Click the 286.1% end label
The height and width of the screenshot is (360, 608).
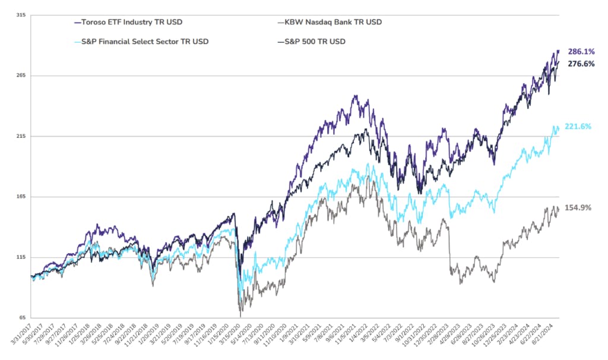pos(582,52)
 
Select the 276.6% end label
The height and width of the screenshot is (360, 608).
pos(582,64)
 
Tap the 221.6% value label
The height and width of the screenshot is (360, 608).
pos(579,127)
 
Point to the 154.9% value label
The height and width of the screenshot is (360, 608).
pos(579,208)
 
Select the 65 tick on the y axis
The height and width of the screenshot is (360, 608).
pos(21,318)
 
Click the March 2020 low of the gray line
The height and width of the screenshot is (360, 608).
pos(240,315)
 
